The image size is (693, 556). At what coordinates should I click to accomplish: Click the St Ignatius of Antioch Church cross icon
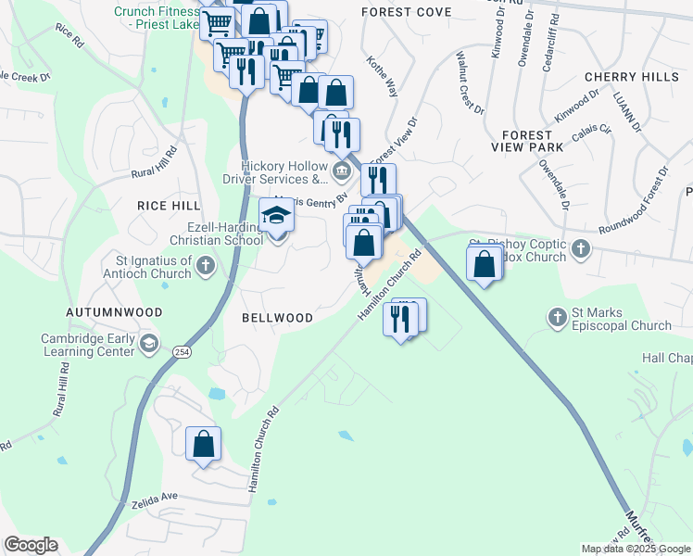206,268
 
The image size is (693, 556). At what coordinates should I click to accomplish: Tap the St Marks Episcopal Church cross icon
557,318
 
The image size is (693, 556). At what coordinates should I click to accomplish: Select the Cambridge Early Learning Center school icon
147,345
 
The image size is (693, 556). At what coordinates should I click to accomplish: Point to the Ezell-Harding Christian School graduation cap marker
275,217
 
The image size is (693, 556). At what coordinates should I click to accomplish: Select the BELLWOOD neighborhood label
277,318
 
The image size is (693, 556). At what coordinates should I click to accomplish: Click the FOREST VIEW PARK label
527,141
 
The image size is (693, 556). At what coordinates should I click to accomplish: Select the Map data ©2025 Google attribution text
636,549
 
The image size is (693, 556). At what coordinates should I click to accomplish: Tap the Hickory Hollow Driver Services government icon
341,171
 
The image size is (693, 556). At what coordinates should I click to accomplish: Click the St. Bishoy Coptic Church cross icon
580,248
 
